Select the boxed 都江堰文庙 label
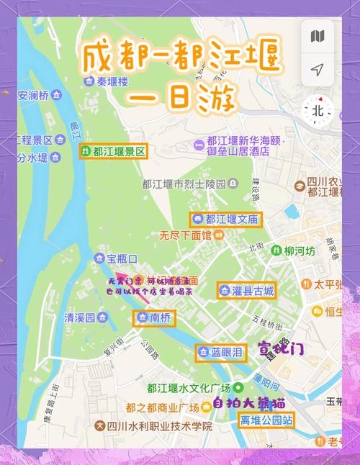click(x=226, y=219)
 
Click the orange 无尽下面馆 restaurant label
click(x=186, y=235)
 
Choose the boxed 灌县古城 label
click(x=246, y=291)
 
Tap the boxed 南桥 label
click(x=154, y=317)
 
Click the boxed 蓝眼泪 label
click(x=221, y=352)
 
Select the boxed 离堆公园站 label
click(x=266, y=420)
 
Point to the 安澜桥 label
click(x=33, y=95)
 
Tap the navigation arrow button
click(x=318, y=69)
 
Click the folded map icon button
click(x=318, y=36)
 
